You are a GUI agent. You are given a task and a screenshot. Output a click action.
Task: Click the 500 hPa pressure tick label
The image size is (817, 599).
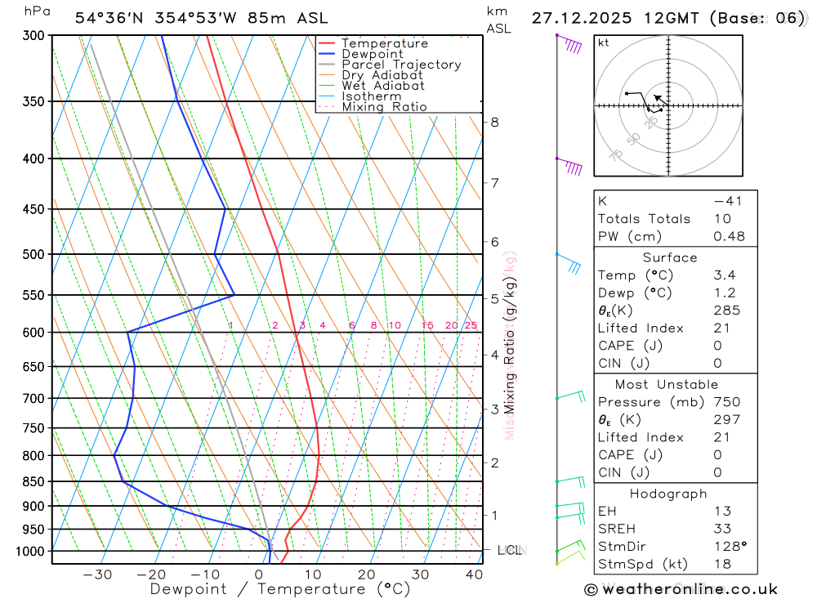pyautogui.click(x=33, y=254)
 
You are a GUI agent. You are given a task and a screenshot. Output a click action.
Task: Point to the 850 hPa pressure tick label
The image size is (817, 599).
pyautogui.click(x=33, y=481)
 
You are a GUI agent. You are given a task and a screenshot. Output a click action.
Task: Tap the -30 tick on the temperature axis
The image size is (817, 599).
pyautogui.click(x=97, y=574)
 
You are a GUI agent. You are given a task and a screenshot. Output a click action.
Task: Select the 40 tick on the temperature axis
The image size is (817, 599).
pyautogui.click(x=474, y=574)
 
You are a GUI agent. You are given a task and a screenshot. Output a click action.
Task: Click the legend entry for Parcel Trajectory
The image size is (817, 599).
pyautogui.click(x=401, y=65)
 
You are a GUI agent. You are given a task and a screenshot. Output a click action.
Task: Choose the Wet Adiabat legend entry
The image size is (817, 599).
pyautogui.click(x=383, y=86)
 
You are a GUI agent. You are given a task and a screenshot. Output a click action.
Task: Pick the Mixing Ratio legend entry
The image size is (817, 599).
pyautogui.click(x=384, y=106)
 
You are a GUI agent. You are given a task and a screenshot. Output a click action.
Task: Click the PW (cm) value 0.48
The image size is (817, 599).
pyautogui.click(x=729, y=236)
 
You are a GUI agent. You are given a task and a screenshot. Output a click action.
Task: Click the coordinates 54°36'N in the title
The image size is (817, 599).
pyautogui.click(x=112, y=18)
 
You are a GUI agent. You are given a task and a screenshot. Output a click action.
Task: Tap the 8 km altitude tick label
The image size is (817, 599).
pyautogui.click(x=494, y=123)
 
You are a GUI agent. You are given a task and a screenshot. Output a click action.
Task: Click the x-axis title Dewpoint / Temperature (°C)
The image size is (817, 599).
pyautogui.click(x=280, y=589)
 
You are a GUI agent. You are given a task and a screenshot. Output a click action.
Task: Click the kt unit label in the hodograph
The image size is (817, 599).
pyautogui.click(x=604, y=43)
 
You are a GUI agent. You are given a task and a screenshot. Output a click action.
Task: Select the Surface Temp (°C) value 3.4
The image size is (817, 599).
pyautogui.click(x=723, y=275)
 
